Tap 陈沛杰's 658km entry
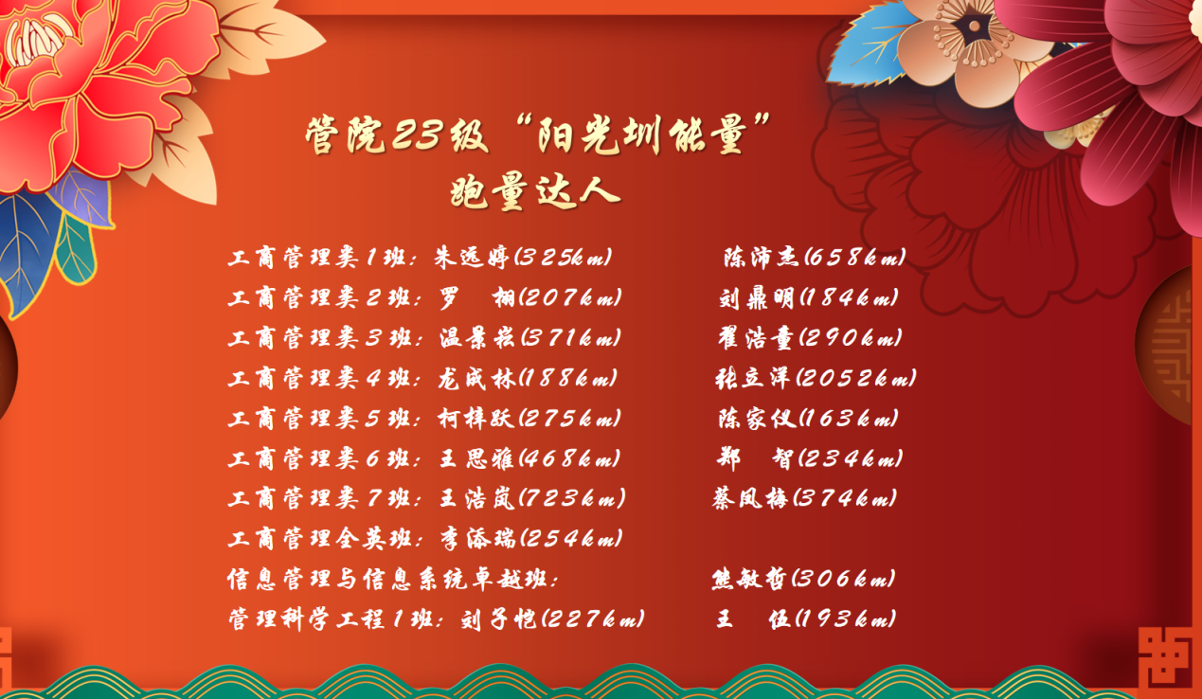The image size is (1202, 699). point(814,257)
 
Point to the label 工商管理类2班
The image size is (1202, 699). point(320,297)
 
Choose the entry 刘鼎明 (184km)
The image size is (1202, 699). point(809,297)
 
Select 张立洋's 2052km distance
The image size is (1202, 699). point(856,378)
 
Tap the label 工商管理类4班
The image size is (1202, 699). point(320,378)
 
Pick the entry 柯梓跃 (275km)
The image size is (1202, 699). point(529,418)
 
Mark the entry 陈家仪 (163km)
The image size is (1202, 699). point(808,418)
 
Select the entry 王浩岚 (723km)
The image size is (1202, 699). point(532,498)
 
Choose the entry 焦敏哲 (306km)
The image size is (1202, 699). point(804,579)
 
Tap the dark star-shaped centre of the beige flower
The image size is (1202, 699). point(973,27)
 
